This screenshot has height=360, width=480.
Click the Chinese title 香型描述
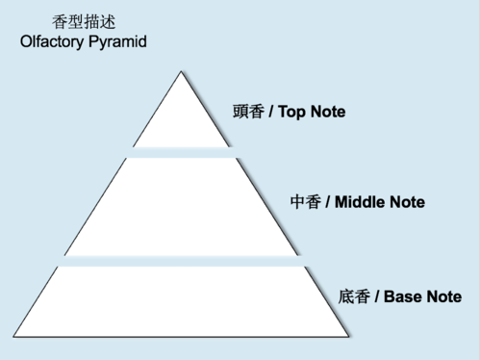pyautogui.click(x=82, y=22)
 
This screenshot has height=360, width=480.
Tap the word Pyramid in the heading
pyautogui.click(x=117, y=42)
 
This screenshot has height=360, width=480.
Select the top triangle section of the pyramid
pyautogui.click(x=181, y=119)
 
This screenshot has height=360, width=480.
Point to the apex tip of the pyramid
pyautogui.click(x=181, y=72)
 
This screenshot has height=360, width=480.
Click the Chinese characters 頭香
pyautogui.click(x=248, y=112)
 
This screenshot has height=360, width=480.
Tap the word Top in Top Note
pyautogui.click(x=291, y=112)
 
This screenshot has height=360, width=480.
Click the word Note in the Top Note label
pyautogui.click(x=327, y=112)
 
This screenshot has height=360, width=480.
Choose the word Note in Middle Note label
pyautogui.click(x=406, y=203)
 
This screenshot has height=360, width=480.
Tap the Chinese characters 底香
pyautogui.click(x=353, y=296)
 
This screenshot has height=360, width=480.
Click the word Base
pyautogui.click(x=403, y=296)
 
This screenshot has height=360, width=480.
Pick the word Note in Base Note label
pyautogui.click(x=443, y=296)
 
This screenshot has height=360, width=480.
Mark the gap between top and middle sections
pyautogui.click(x=181, y=152)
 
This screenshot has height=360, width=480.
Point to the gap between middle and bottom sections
pyautogui.click(x=181, y=261)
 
